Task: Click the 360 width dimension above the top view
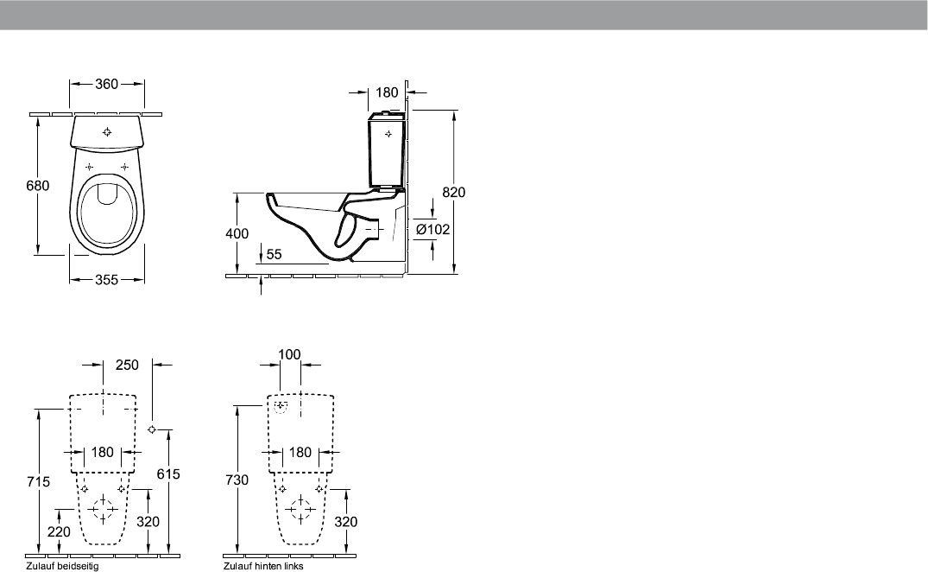106,84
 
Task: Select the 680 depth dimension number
38,185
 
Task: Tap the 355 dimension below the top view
106,279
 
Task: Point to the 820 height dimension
454,192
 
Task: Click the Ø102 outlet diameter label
432,229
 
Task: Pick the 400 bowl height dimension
237,233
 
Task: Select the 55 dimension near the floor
274,254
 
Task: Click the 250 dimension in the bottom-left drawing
127,365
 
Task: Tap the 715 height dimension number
39,481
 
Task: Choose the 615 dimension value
168,473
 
